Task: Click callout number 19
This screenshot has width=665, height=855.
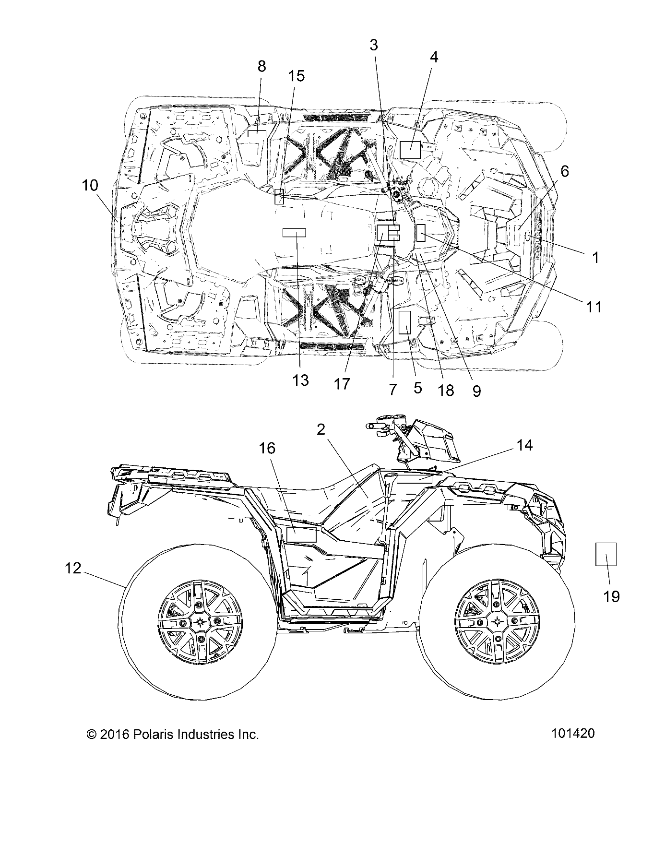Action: point(611,596)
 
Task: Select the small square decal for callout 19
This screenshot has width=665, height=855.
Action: point(606,554)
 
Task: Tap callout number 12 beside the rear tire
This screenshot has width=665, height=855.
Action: point(73,569)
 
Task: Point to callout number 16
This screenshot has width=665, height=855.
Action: point(267,448)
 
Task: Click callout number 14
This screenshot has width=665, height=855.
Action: point(524,445)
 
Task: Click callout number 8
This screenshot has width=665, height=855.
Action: point(261,66)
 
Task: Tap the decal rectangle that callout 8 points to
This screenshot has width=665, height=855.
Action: point(256,133)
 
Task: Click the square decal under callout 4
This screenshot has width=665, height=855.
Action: point(410,150)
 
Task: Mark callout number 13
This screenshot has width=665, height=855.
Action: point(300,380)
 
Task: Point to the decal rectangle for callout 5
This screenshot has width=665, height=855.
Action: point(406,321)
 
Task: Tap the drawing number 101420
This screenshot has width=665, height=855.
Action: point(573,734)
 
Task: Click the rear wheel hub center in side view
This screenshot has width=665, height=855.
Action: point(199,622)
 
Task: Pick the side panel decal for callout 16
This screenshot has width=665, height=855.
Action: point(301,534)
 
